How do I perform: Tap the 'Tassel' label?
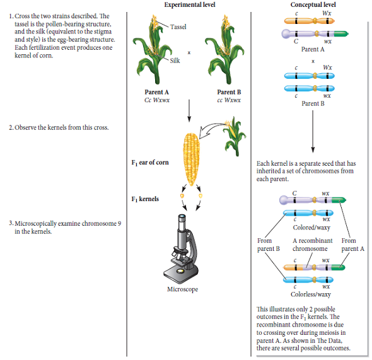coord(178,26)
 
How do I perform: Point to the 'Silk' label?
coord(175,61)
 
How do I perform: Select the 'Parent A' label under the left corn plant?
coord(156,92)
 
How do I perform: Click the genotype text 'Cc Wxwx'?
coord(156,100)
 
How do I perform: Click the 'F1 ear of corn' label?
coord(149,163)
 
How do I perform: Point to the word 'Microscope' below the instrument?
coord(182,289)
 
